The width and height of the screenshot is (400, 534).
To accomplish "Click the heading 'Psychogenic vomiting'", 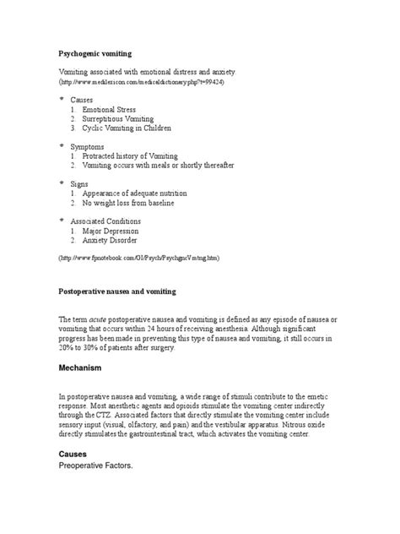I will click(x=94, y=53).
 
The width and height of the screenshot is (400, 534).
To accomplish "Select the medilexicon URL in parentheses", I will click(x=141, y=85).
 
